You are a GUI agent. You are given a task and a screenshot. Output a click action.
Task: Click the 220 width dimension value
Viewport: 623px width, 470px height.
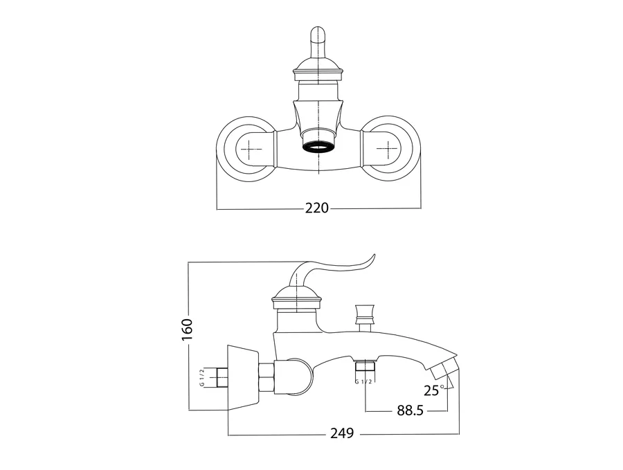[x=316, y=208]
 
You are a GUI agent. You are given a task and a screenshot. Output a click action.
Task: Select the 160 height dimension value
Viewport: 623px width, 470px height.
[x=187, y=329]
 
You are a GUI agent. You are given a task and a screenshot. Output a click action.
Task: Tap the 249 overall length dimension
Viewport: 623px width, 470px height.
[x=342, y=433]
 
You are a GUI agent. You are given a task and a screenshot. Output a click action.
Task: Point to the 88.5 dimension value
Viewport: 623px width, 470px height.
[x=410, y=410]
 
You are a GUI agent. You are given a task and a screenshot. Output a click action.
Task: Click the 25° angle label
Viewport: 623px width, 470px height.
[x=434, y=390]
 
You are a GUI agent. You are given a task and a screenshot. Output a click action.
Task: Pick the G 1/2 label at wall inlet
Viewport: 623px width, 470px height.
[x=202, y=377]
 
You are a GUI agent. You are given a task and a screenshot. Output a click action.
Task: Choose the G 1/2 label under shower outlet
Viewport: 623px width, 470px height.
[x=363, y=382]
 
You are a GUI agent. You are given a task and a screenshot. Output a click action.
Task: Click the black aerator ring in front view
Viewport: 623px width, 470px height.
[x=319, y=147]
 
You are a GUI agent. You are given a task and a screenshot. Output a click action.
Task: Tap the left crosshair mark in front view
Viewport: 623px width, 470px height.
[x=249, y=150]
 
